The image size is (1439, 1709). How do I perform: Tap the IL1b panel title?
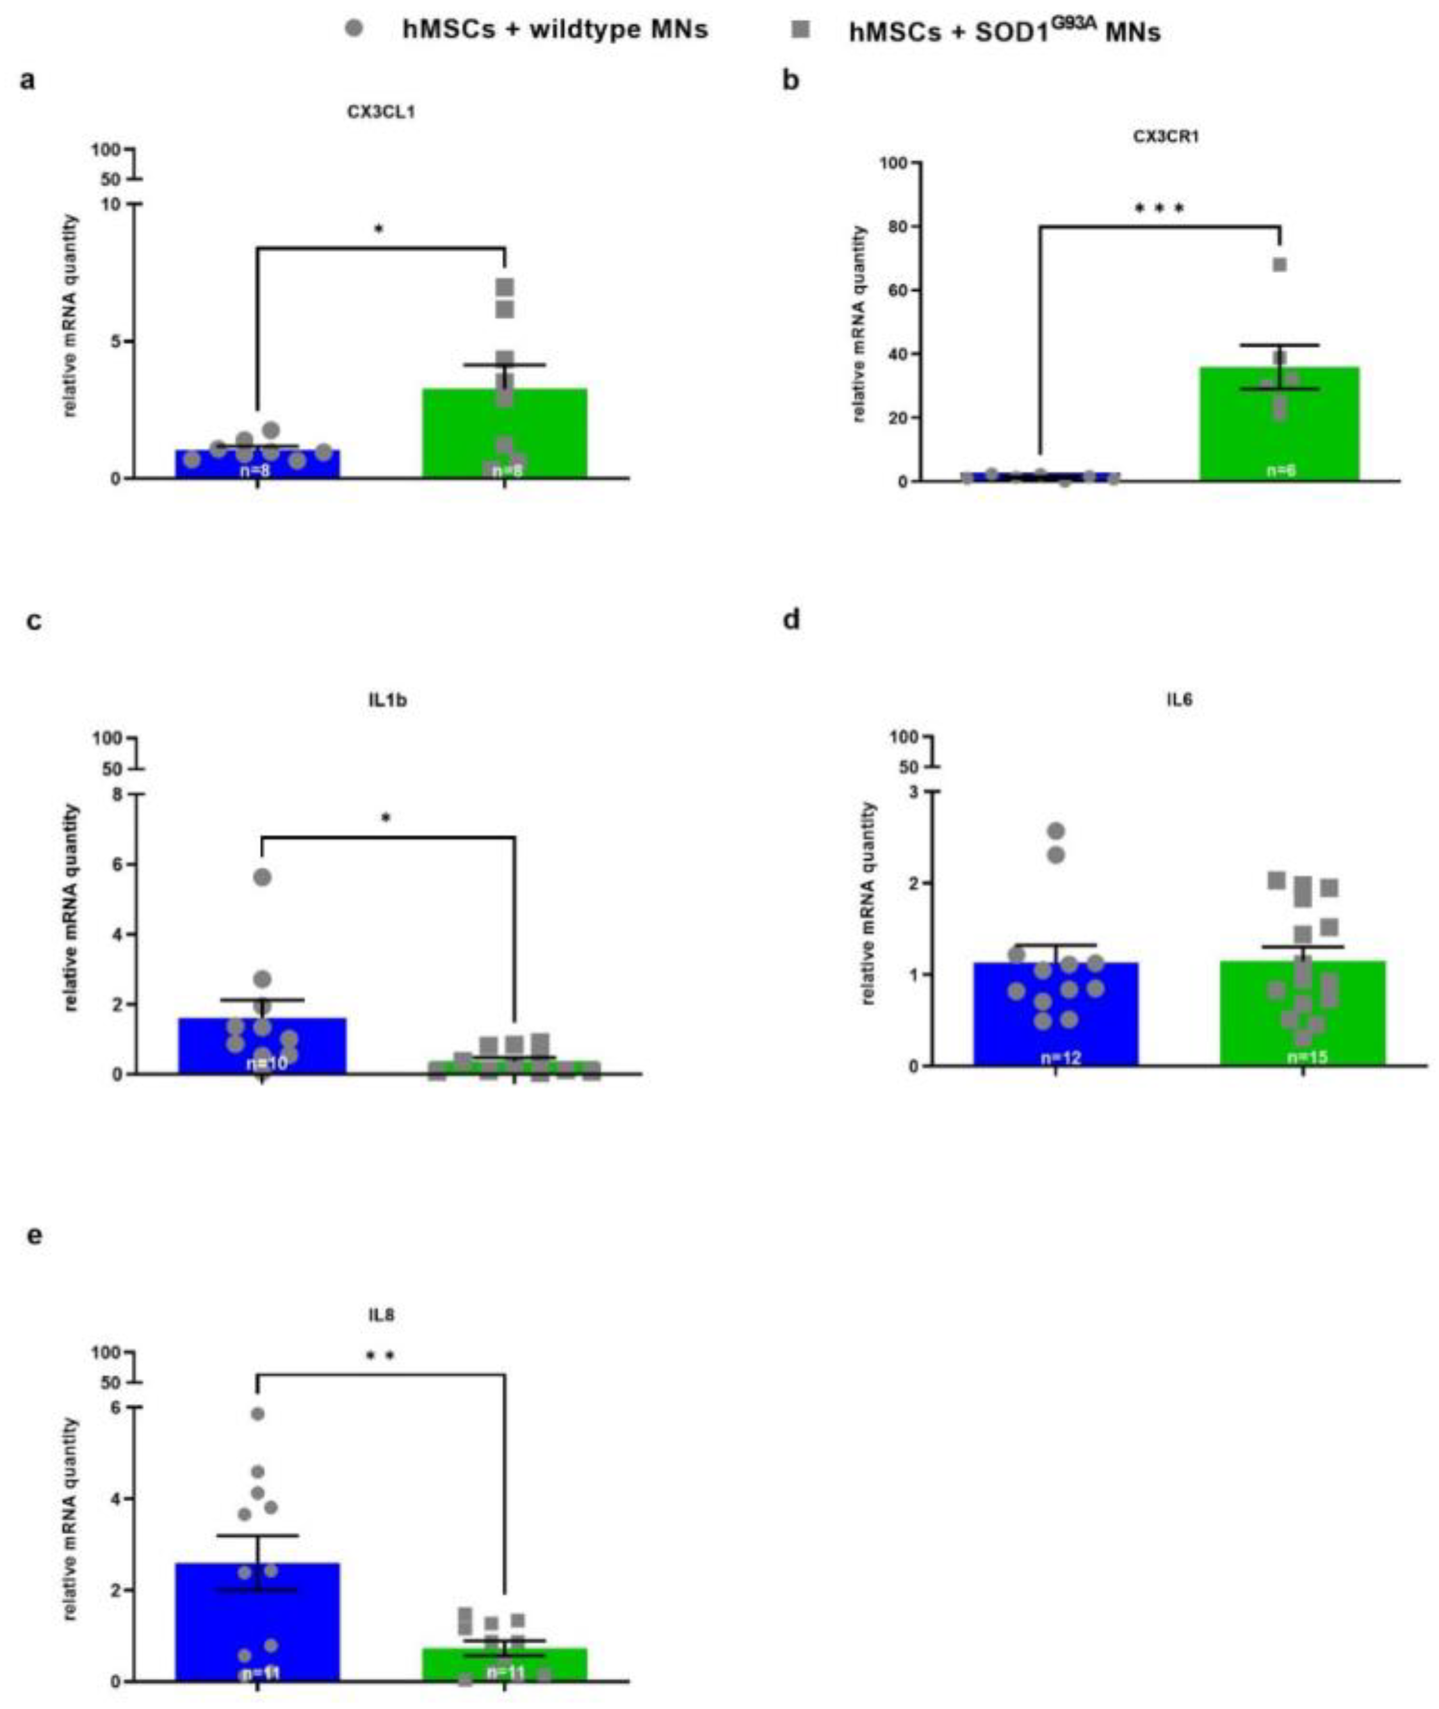[387, 700]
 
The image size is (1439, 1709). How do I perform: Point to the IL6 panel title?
[1180, 700]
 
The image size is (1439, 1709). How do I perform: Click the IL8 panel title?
[381, 1315]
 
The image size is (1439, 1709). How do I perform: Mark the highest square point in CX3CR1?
[1280, 265]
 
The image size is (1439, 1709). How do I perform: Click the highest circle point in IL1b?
[262, 877]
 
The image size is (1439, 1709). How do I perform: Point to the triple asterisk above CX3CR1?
[1159, 208]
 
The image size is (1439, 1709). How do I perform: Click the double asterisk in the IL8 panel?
[381, 1355]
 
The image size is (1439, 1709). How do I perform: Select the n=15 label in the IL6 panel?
[1303, 1057]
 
